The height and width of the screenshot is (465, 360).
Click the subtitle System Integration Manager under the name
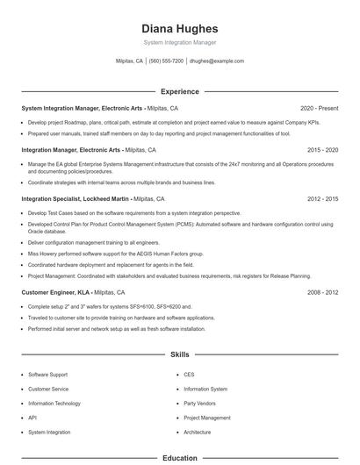(x=180, y=42)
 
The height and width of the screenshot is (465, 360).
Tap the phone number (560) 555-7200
(x=166, y=61)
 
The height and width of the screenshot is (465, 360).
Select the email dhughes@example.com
(x=217, y=61)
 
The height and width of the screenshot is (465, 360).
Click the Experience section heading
(x=180, y=91)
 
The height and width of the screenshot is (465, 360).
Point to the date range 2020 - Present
(x=319, y=108)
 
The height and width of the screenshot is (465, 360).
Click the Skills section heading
(x=180, y=355)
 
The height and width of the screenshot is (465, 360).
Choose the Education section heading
(x=180, y=458)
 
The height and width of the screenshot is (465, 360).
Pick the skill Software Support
(x=47, y=374)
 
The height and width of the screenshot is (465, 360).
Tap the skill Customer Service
(x=48, y=389)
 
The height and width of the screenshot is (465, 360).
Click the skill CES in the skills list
(x=189, y=374)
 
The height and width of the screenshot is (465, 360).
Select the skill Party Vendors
(x=201, y=403)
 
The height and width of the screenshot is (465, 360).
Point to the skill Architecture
(x=198, y=433)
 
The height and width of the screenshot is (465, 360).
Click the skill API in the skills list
(x=32, y=418)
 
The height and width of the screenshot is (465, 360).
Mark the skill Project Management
(x=207, y=418)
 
